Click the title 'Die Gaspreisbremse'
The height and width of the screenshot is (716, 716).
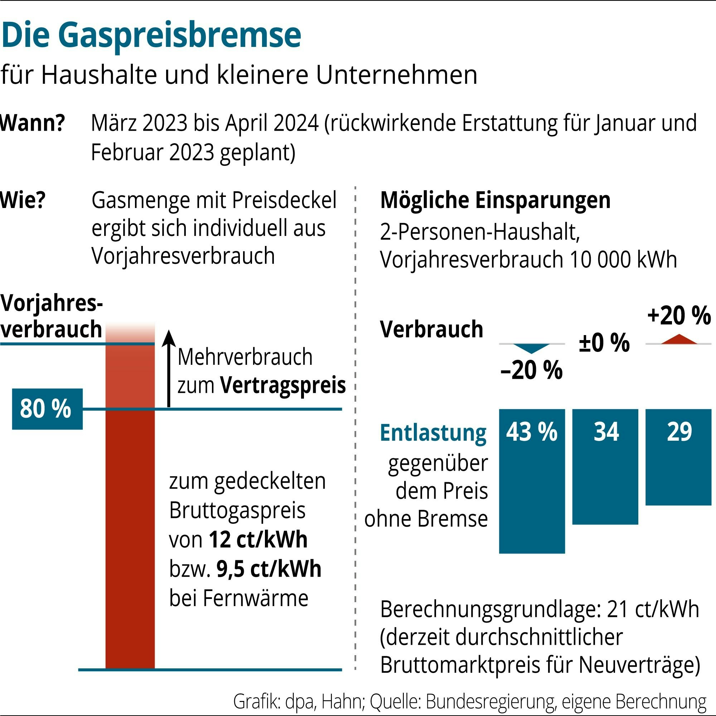(151, 36)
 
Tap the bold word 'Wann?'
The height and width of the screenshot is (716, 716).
(33, 123)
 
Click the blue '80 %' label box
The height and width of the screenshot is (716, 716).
(47, 409)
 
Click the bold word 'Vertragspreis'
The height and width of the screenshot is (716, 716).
(283, 386)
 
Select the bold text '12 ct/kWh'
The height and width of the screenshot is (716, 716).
(258, 540)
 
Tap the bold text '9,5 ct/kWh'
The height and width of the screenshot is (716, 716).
(269, 569)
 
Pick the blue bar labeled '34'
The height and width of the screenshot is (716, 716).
(605, 467)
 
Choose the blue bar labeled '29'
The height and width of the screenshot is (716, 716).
(678, 458)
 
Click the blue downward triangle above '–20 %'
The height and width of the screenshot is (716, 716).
(531, 348)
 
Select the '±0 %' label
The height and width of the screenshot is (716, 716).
(604, 343)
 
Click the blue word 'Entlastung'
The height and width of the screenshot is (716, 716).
(433, 433)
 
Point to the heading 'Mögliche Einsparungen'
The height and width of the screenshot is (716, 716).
(495, 200)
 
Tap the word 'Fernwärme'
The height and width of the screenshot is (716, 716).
(255, 598)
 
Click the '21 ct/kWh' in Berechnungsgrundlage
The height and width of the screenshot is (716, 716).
(653, 610)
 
